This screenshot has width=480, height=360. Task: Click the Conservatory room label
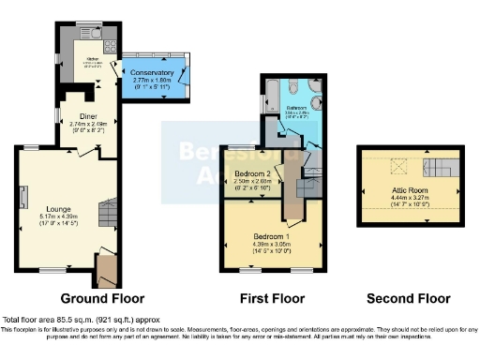coord(152,72)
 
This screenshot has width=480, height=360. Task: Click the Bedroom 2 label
coord(253,174)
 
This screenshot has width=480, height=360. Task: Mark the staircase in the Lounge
coord(105,214)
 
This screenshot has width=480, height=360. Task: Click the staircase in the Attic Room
coord(438,169)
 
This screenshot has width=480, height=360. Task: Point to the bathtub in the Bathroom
coord(272,94)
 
